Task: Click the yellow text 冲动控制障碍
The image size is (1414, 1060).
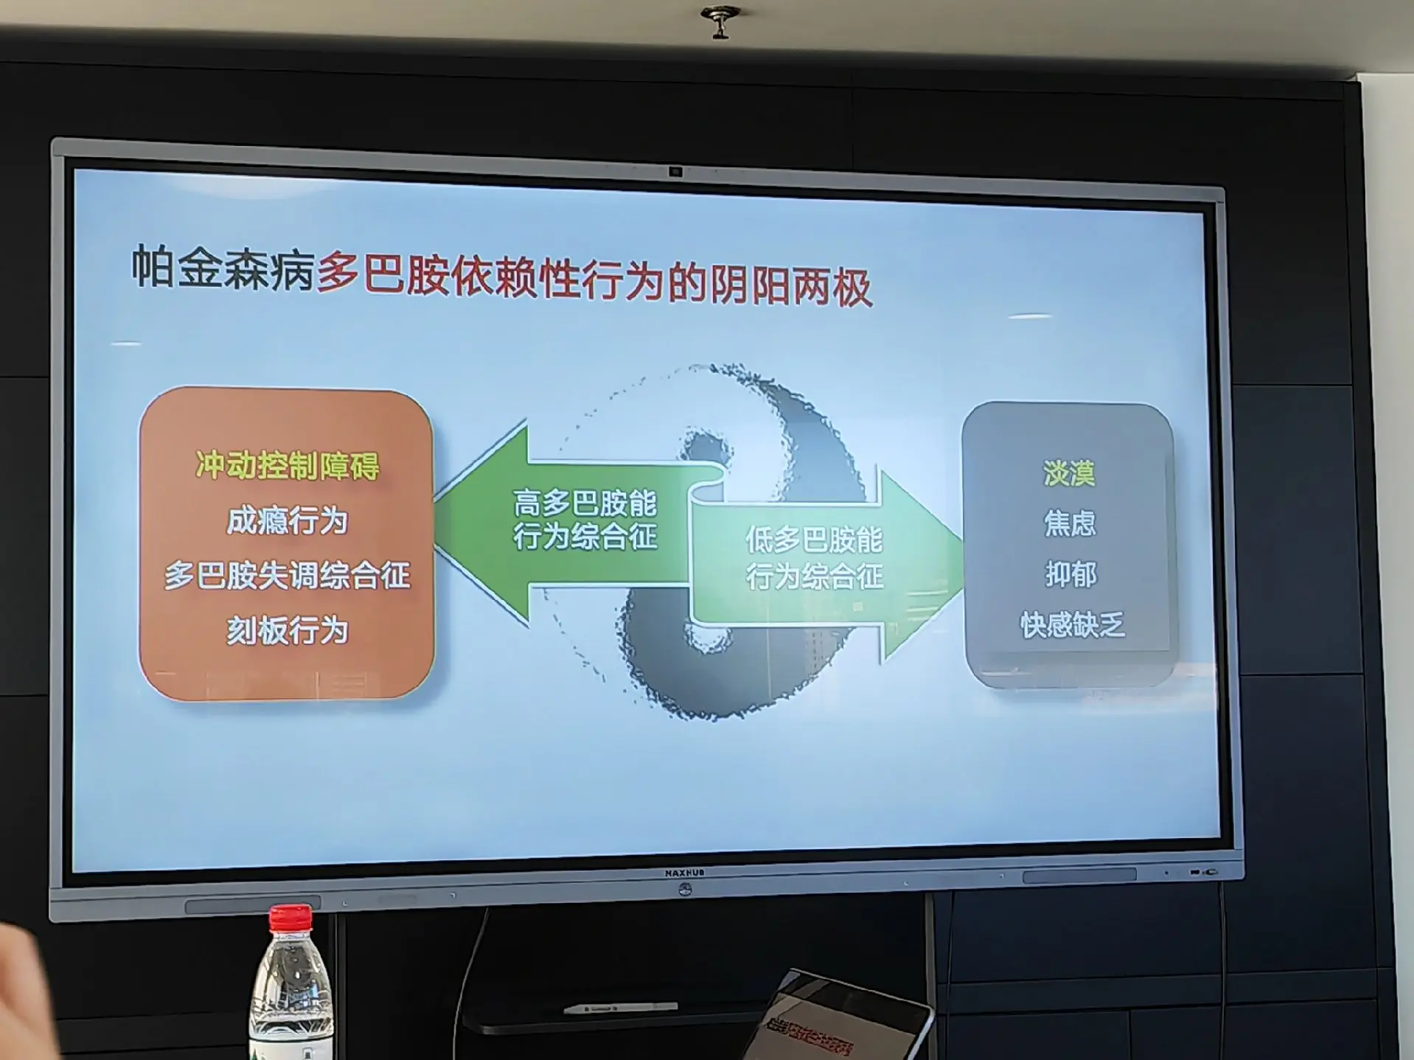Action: (x=288, y=466)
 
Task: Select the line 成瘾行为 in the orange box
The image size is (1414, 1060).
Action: (x=287, y=521)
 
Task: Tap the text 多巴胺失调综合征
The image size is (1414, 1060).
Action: (x=287, y=576)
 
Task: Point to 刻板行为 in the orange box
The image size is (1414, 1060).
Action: (x=287, y=631)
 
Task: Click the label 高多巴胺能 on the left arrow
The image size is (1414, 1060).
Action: (x=585, y=503)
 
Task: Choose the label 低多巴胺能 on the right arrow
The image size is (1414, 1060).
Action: (x=814, y=540)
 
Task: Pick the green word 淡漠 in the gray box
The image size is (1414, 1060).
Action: (x=1069, y=473)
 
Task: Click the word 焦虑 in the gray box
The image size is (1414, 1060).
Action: (x=1070, y=523)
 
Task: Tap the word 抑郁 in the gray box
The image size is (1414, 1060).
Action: (x=1070, y=574)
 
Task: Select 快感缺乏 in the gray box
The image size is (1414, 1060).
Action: (x=1073, y=625)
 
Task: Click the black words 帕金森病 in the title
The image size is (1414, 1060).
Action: (x=223, y=268)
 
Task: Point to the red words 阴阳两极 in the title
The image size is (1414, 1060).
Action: (x=790, y=286)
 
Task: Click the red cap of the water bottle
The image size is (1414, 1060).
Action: (x=290, y=918)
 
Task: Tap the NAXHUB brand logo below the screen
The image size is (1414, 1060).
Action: (x=684, y=873)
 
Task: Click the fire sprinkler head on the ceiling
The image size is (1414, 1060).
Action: (x=720, y=21)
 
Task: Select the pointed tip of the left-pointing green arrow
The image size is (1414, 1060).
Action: (x=435, y=522)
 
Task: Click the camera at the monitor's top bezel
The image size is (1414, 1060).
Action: (x=675, y=172)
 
